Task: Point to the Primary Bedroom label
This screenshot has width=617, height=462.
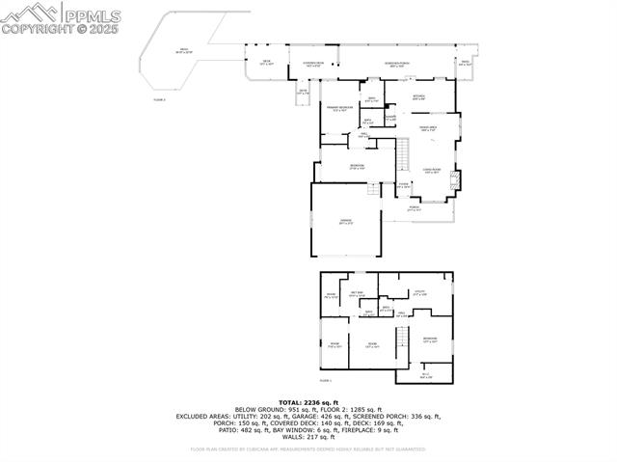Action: click(336, 108)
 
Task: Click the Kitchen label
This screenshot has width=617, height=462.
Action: click(418, 97)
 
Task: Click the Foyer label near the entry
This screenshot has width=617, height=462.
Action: click(403, 185)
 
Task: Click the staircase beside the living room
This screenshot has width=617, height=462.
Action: click(406, 154)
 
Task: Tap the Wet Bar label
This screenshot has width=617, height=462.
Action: click(356, 293)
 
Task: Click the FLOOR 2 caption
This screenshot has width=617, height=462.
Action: click(160, 99)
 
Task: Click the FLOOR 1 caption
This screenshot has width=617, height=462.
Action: click(325, 382)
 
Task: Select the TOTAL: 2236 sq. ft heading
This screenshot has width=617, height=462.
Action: click(308, 402)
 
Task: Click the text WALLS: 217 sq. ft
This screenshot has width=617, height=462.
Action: click(308, 435)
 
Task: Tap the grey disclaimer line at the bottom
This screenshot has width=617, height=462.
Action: click(308, 448)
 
